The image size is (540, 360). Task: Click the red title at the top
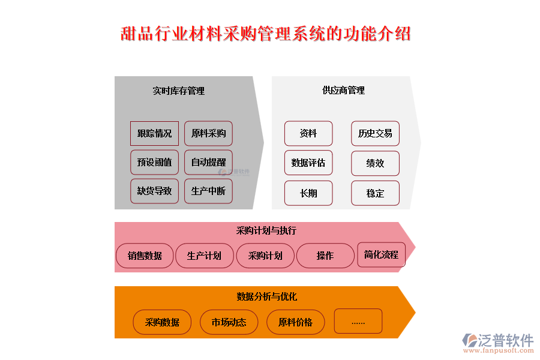tap(266, 34)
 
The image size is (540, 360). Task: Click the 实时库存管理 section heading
tap(178, 91)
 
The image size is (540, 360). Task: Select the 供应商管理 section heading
tap(343, 91)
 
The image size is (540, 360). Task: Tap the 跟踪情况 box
tap(154, 133)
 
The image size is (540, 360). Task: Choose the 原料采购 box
tap(208, 133)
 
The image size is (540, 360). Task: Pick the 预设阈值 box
tap(154, 162)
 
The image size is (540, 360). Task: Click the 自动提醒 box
tap(208, 162)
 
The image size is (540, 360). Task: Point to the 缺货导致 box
tap(154, 191)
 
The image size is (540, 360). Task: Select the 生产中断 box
tap(208, 191)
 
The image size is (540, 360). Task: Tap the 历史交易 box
tap(375, 133)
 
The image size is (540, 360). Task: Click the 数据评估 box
tap(308, 163)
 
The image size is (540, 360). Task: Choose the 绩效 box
tap(375, 163)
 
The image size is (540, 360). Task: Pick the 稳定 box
tap(375, 193)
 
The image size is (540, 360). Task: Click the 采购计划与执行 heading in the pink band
tap(266, 230)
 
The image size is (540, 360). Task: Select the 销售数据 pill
tap(145, 256)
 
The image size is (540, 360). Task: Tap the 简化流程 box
tap(381, 254)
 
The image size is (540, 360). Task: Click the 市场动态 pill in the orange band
tap(229, 322)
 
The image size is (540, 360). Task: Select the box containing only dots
tap(358, 321)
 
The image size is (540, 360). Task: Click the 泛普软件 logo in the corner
tap(497, 343)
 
